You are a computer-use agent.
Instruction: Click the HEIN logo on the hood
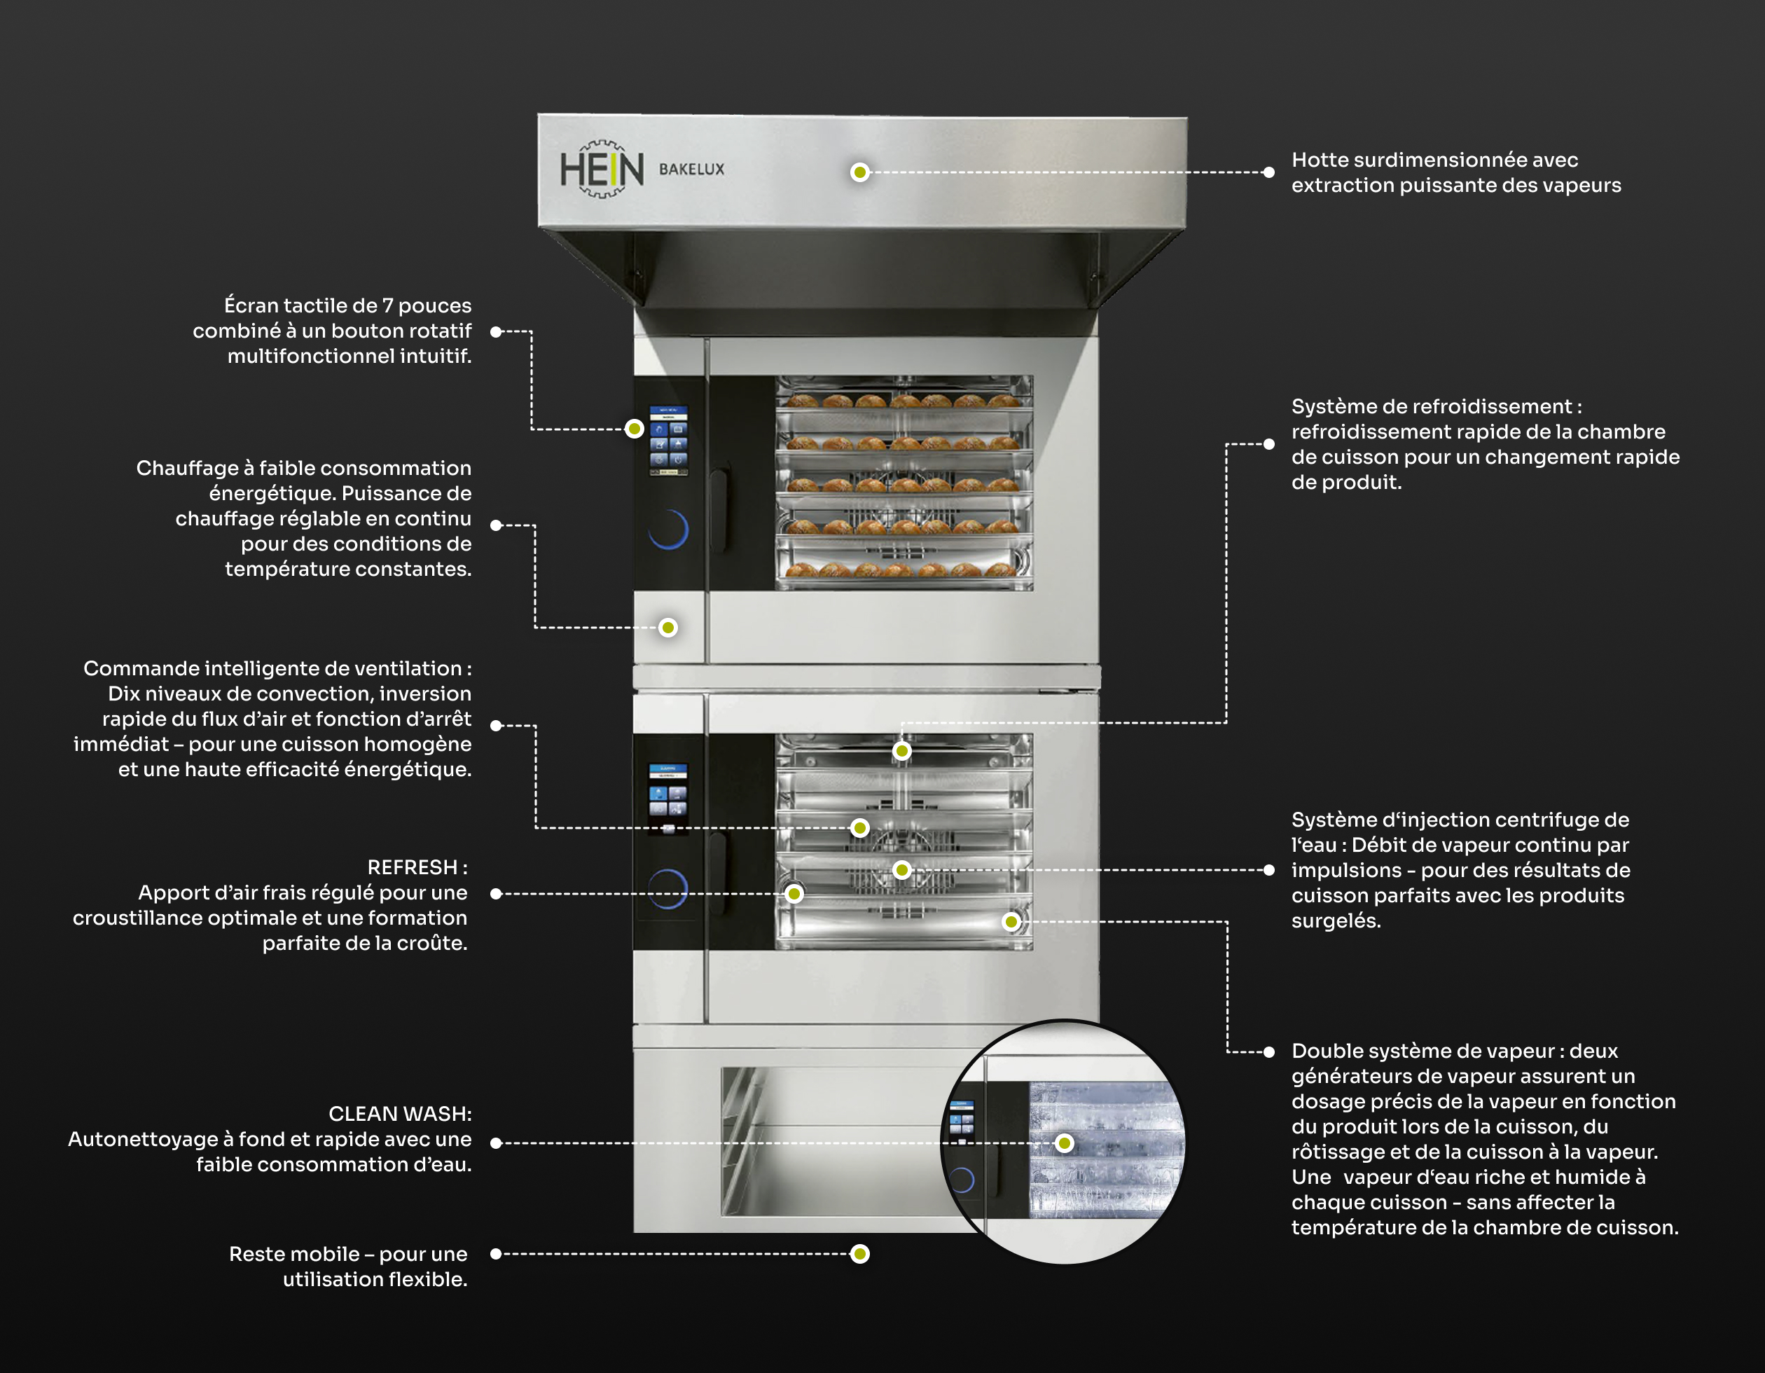point(602,170)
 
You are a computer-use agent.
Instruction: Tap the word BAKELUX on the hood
point(692,170)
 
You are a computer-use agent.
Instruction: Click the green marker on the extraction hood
point(860,172)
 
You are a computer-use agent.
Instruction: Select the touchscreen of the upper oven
point(668,440)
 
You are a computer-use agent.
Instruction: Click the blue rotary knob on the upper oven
point(668,530)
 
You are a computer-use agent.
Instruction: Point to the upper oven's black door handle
point(719,509)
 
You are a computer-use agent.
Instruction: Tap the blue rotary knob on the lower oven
point(668,889)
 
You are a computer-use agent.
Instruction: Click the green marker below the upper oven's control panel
point(667,628)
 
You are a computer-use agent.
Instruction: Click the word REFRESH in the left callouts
point(412,867)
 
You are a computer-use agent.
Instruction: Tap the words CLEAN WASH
point(399,1114)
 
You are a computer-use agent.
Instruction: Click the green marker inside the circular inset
point(1065,1143)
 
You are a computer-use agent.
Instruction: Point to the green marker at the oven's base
point(860,1254)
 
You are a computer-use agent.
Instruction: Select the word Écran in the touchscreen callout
point(250,305)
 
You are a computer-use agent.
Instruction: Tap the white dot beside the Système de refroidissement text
point(1269,443)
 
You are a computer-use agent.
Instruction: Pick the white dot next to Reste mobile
point(496,1254)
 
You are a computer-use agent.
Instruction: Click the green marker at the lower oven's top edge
point(902,751)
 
